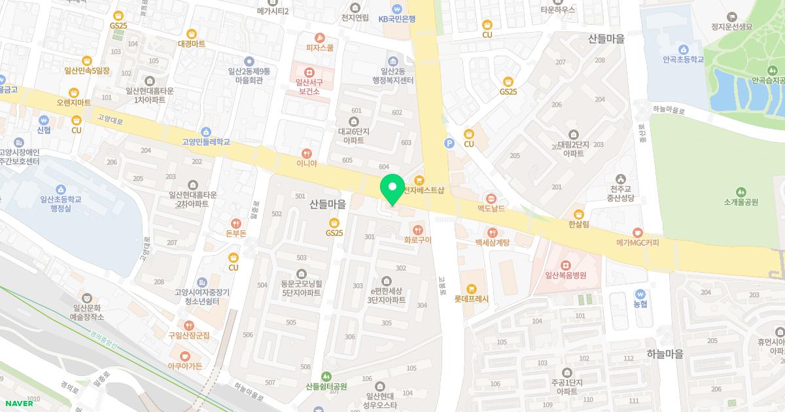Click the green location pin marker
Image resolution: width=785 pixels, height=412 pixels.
[x=392, y=188]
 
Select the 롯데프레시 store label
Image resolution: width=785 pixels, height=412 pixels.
[x=472, y=299]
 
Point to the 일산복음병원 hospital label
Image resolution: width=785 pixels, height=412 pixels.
[x=565, y=275]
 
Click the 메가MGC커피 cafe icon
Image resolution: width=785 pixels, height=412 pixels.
[x=638, y=232]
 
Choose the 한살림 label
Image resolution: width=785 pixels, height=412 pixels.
[x=578, y=224]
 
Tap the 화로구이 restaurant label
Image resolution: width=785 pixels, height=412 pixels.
[x=418, y=239]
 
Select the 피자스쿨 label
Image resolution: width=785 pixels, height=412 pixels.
[x=319, y=48]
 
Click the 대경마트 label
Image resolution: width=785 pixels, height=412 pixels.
[x=191, y=44]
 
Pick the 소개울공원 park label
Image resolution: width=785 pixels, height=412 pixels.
[x=741, y=202]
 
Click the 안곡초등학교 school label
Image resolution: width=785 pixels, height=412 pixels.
[x=683, y=59]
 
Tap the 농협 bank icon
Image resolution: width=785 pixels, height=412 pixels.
[x=640, y=294]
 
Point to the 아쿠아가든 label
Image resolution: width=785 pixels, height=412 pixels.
[x=184, y=366]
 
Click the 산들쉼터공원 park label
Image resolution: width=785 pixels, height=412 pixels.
[x=326, y=386]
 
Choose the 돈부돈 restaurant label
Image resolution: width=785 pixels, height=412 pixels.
[x=235, y=233]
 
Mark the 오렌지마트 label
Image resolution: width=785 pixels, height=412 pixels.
[x=73, y=103]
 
